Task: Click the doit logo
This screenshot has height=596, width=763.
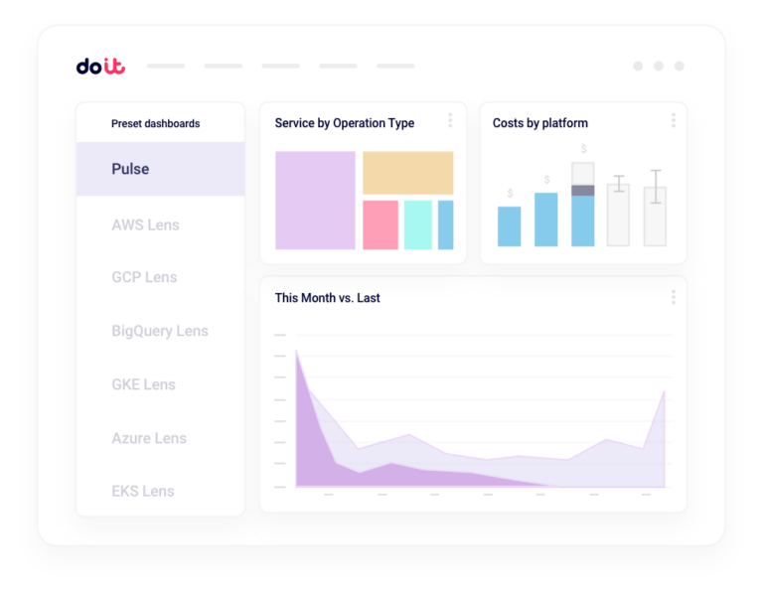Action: pyautogui.click(x=100, y=67)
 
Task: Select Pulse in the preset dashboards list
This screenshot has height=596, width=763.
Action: pyautogui.click(x=130, y=169)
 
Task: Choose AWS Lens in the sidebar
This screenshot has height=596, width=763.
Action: pyautogui.click(x=145, y=224)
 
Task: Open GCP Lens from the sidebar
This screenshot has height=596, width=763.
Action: pyautogui.click(x=144, y=277)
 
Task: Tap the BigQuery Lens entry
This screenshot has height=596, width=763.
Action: pyautogui.click(x=160, y=331)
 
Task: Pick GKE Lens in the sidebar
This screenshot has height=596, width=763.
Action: pyautogui.click(x=143, y=384)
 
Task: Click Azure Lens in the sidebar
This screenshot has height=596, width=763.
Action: pyautogui.click(x=149, y=438)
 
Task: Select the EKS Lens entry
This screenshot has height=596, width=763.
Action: pyautogui.click(x=143, y=491)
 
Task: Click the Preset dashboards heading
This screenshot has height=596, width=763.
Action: pyautogui.click(x=155, y=124)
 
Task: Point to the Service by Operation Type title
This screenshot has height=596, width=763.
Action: pyautogui.click(x=344, y=123)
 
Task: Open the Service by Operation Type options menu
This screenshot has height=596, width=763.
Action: pyautogui.click(x=450, y=120)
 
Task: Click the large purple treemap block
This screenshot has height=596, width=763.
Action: pyautogui.click(x=315, y=200)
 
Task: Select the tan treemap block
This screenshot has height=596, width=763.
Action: pyautogui.click(x=407, y=173)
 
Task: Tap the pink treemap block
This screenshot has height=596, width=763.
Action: pyautogui.click(x=381, y=224)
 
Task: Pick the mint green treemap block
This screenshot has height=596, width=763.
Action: pyautogui.click(x=417, y=224)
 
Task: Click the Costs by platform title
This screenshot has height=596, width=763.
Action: pyautogui.click(x=540, y=123)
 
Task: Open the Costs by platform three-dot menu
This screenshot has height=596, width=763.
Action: pyautogui.click(x=673, y=120)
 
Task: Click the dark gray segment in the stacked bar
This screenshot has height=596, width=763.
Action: pyautogui.click(x=583, y=190)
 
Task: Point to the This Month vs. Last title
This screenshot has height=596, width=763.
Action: pyautogui.click(x=327, y=298)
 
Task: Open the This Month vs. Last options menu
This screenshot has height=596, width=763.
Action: pyautogui.click(x=673, y=297)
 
